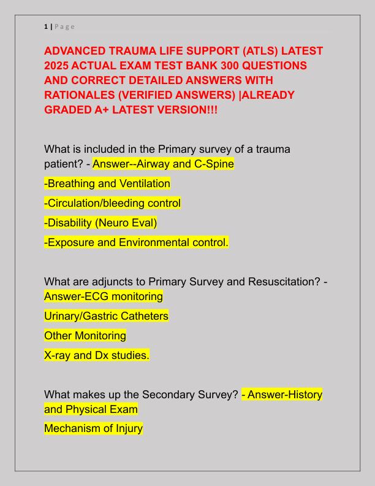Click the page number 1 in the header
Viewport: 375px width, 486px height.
(x=46, y=26)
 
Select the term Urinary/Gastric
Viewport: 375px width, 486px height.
(x=83, y=317)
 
